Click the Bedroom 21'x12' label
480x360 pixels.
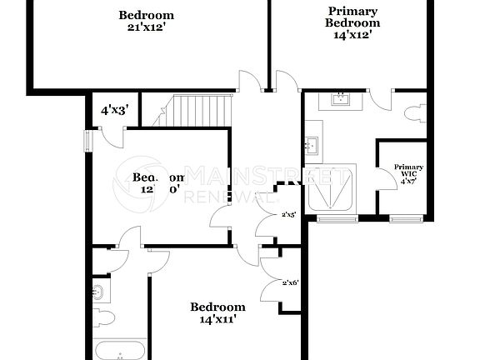[x=147, y=20]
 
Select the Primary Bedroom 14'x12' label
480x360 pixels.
[x=352, y=23]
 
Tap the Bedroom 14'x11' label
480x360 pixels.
[x=218, y=312]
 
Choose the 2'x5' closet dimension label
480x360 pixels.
[x=289, y=215]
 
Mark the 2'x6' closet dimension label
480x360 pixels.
[x=290, y=282]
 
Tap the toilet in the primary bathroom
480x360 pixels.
[x=417, y=115]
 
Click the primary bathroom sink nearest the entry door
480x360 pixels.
[x=340, y=101]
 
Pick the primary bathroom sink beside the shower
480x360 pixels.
[x=312, y=147]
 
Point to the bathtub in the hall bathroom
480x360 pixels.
[x=122, y=351]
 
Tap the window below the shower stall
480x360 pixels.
[x=331, y=218]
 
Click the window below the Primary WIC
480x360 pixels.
[x=405, y=218]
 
